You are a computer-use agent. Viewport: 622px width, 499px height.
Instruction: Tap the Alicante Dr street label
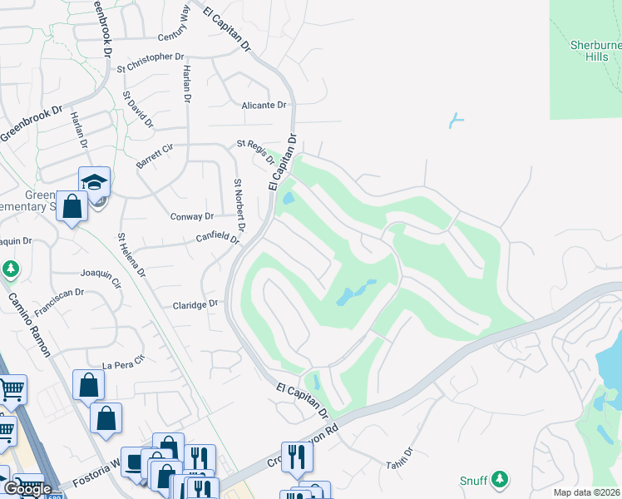(264, 106)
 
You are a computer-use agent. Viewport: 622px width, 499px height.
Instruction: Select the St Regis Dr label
(256, 150)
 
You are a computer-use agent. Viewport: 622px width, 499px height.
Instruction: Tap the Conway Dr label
(192, 216)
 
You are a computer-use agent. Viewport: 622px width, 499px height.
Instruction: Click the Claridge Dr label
(195, 304)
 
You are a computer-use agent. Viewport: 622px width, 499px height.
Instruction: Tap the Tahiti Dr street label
(398, 457)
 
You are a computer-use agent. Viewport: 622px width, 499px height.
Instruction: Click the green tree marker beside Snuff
(499, 479)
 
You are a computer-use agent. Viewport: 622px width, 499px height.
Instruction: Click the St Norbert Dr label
(240, 205)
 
